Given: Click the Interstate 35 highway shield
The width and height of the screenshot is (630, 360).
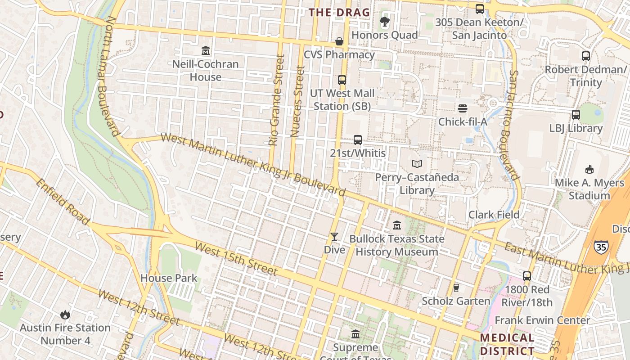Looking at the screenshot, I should [x=601, y=246].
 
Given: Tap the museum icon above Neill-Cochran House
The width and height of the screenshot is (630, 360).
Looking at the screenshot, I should [x=206, y=50].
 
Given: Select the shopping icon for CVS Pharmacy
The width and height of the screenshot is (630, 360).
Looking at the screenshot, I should [x=339, y=42].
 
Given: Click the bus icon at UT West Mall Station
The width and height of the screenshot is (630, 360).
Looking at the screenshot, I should [x=342, y=80].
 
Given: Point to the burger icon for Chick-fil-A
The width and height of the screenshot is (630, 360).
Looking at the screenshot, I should [x=463, y=108].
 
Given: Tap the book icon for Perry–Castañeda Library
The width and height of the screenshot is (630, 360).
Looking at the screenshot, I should [x=417, y=164].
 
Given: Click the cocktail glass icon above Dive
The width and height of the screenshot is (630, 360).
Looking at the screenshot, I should [x=334, y=237].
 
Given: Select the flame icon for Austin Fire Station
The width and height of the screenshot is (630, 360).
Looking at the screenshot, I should [x=65, y=315].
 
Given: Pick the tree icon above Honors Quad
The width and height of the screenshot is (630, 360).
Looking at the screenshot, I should [x=384, y=22].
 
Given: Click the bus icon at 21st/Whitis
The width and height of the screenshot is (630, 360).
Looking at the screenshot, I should [x=358, y=140].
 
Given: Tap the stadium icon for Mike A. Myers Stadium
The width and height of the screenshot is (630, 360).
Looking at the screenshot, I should [x=589, y=170].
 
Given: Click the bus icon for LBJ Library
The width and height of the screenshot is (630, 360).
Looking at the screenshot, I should [x=576, y=115].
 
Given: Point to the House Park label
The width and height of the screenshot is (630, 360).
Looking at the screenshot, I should [x=169, y=278].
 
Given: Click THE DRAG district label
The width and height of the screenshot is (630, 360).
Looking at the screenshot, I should [x=339, y=13].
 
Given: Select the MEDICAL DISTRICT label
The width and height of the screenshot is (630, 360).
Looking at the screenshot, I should [x=507, y=344].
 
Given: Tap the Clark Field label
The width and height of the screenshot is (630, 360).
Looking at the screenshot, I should [x=494, y=215].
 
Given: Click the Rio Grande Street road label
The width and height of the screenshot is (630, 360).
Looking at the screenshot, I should [x=276, y=100].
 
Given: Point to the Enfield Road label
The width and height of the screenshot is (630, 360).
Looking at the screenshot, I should [x=63, y=202].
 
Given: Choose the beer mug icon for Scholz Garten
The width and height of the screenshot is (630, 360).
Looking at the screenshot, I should [x=456, y=288].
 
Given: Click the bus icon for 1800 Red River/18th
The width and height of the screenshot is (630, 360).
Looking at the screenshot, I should [x=527, y=276].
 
